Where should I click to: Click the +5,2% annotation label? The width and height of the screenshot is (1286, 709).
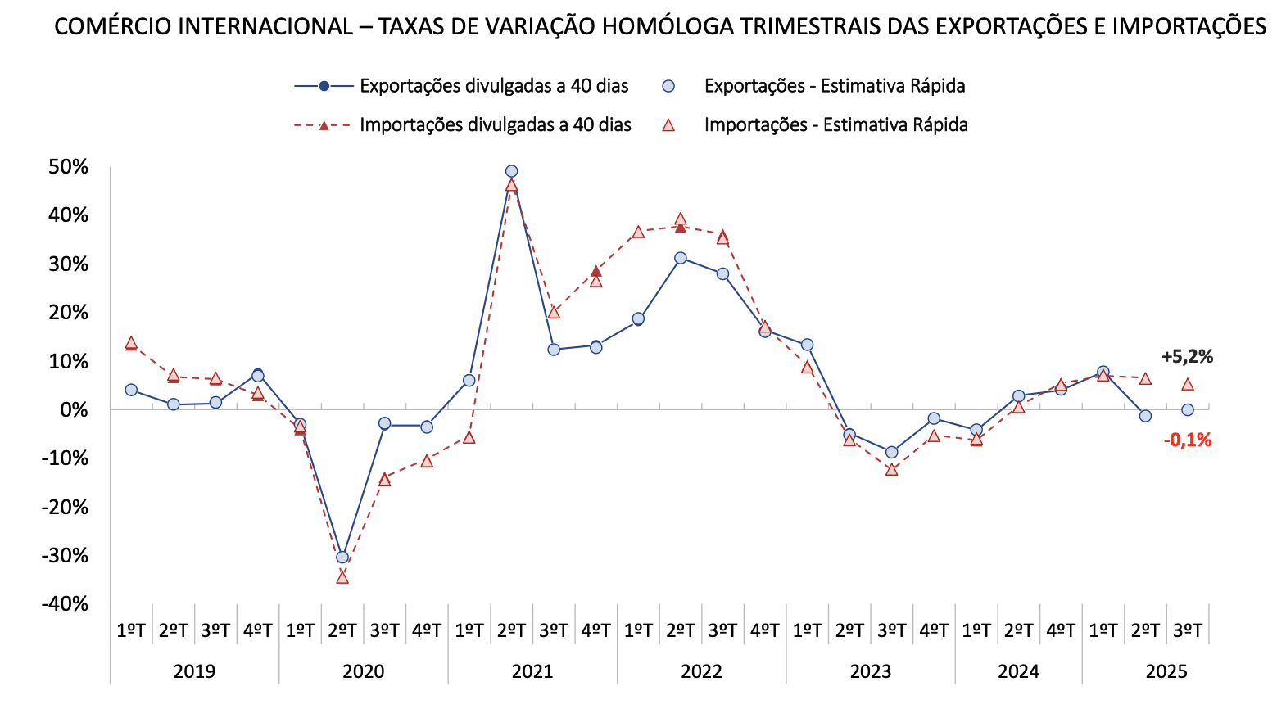[1187, 357]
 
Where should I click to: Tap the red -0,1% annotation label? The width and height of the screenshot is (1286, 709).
[1187, 440]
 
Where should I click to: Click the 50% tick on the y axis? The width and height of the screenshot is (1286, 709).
[69, 167]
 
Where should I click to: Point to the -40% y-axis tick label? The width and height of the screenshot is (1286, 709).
[66, 604]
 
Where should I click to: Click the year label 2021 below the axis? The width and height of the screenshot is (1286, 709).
[532, 672]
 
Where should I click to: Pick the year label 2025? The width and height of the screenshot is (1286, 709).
[1166, 672]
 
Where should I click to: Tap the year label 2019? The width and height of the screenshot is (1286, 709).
[194, 672]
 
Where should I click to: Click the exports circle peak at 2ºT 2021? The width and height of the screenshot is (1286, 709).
[511, 172]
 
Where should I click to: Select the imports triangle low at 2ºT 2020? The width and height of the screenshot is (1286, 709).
[342, 577]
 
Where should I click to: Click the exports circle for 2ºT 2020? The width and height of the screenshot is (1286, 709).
[342, 558]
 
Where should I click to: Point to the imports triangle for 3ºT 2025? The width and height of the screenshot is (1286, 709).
[1188, 384]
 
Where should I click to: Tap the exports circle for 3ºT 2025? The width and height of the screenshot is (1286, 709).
[1188, 410]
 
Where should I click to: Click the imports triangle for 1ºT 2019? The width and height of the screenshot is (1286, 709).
[131, 343]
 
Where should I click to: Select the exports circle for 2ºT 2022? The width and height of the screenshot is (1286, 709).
[681, 258]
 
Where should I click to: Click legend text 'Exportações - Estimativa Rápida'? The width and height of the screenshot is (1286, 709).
[835, 86]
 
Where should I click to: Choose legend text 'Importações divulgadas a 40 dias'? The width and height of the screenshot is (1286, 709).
[496, 125]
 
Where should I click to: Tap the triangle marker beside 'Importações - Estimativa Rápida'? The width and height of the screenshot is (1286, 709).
[668, 125]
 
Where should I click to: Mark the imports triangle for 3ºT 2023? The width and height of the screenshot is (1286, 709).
[892, 470]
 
